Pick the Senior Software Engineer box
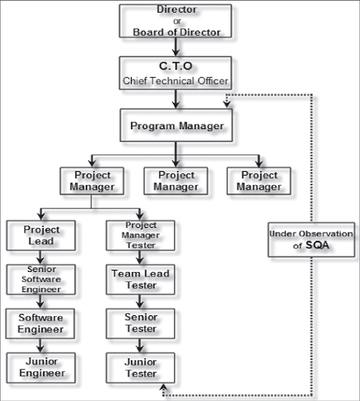[x=41, y=279]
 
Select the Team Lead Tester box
[x=140, y=280]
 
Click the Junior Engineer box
[x=41, y=367]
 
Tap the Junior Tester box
[x=140, y=368]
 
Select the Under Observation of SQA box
[x=311, y=239]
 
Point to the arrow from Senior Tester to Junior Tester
[x=140, y=346]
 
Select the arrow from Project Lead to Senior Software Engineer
[x=41, y=258]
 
